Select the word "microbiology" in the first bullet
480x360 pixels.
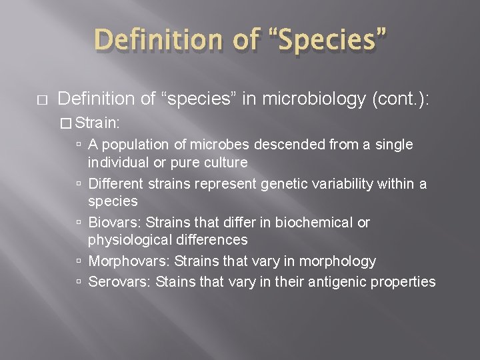tap(304, 99)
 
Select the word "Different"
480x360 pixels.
tap(115, 183)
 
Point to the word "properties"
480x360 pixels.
tap(401, 282)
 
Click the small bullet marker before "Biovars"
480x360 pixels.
tap(79, 223)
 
